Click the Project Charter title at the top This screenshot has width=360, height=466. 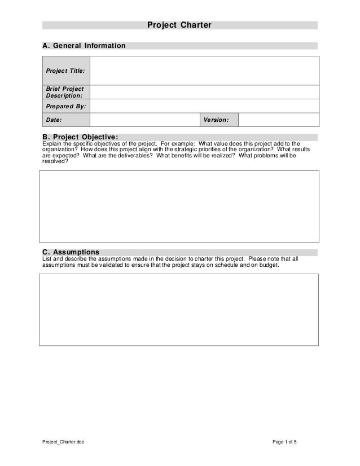click(x=179, y=25)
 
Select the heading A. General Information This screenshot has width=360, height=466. click(x=84, y=45)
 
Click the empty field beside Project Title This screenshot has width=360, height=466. click(x=204, y=71)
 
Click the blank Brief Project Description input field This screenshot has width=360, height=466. click(x=204, y=92)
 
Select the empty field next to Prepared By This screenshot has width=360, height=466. click(x=204, y=106)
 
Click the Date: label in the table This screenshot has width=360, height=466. click(x=54, y=120)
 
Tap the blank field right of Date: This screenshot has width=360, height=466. click(x=144, y=120)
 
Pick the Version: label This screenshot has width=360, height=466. click(x=216, y=120)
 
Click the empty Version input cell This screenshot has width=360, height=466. click(x=278, y=120)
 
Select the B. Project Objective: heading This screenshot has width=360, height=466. click(x=80, y=137)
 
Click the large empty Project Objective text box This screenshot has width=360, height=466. click(x=179, y=207)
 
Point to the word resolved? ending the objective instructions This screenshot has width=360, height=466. click(x=55, y=161)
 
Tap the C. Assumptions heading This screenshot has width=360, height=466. click(x=71, y=252)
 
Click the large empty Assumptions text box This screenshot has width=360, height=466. click(x=179, y=310)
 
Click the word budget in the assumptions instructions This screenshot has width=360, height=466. click(x=268, y=265)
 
